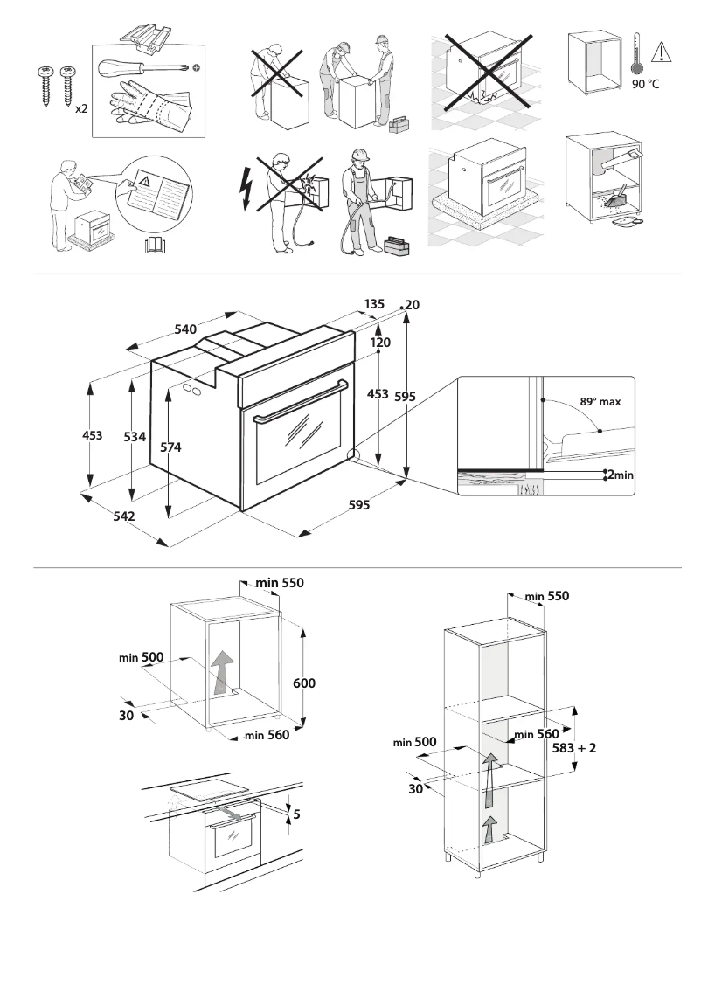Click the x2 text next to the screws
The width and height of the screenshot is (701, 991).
[x=80, y=109]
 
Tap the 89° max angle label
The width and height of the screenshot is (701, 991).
[x=600, y=402]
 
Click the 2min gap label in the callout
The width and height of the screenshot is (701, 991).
[x=620, y=475]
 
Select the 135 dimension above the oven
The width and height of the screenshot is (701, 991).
[x=374, y=303]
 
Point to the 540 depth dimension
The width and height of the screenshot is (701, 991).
[x=185, y=329]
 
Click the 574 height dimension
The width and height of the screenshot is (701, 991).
[x=171, y=447]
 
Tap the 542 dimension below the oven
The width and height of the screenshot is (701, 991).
[x=123, y=516]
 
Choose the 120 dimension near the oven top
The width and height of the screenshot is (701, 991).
[x=379, y=343]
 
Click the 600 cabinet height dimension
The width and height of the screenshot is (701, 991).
[x=304, y=683]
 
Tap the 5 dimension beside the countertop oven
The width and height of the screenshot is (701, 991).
[x=296, y=814]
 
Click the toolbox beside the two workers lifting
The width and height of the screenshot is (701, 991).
[x=399, y=124]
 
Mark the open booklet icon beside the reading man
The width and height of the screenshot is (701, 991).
[x=154, y=245]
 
